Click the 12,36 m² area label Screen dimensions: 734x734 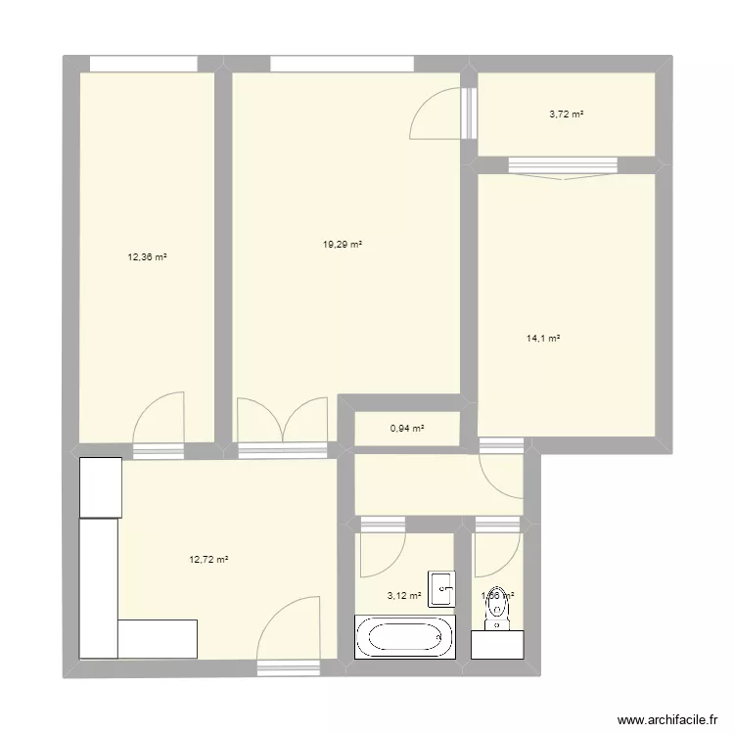pyautogui.click(x=147, y=257)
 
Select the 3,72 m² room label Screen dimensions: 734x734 pyautogui.click(x=566, y=115)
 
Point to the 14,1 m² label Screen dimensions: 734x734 pyautogui.click(x=542, y=338)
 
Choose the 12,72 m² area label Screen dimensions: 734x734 pyautogui.click(x=208, y=560)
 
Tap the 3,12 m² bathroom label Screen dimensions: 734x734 pyautogui.click(x=404, y=595)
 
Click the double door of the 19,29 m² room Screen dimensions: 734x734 pyautogui.click(x=283, y=423)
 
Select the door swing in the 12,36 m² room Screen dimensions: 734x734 pyautogui.click(x=159, y=419)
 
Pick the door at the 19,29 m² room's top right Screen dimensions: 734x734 pyautogui.click(x=436, y=115)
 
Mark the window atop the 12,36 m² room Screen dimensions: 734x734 pyautogui.click(x=144, y=64)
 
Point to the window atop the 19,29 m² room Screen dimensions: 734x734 pyautogui.click(x=343, y=64)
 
